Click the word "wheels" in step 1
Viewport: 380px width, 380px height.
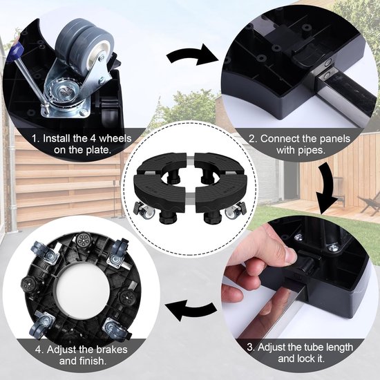[115, 138]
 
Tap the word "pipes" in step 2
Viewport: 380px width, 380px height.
[312, 151]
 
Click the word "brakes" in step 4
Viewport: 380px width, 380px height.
[112, 350]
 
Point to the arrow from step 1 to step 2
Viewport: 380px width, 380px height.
[191, 56]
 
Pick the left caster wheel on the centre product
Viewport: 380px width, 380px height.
[145, 210]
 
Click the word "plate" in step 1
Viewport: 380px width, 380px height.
[97, 151]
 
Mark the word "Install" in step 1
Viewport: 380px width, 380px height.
[57, 138]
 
